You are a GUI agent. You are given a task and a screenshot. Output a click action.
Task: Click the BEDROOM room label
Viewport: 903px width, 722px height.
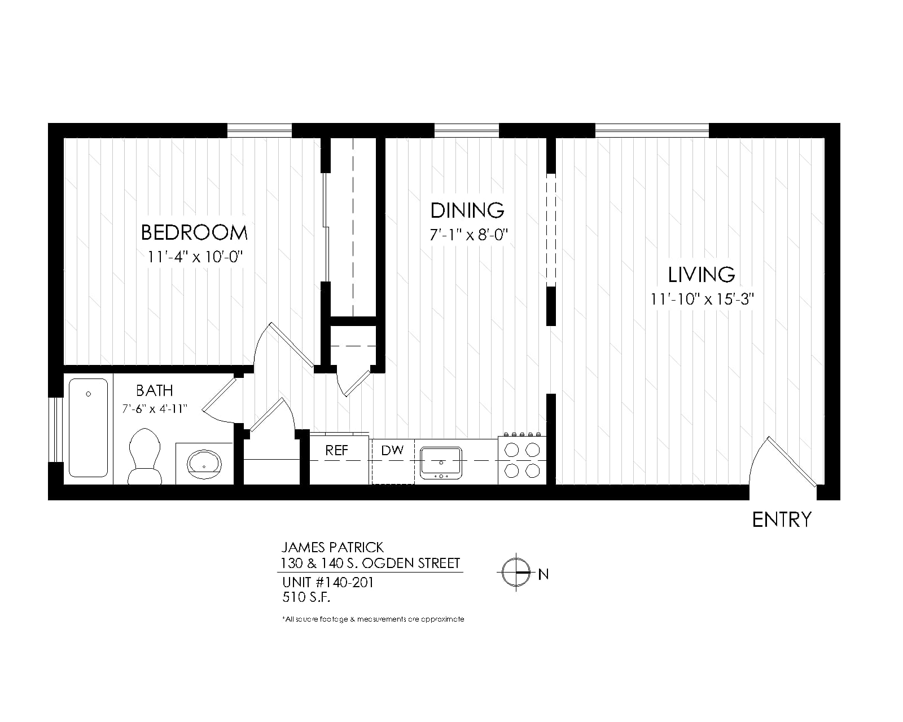194,233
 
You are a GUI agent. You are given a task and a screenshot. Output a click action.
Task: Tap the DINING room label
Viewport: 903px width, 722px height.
467,210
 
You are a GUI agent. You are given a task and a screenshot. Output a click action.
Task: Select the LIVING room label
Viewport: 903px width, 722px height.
702,275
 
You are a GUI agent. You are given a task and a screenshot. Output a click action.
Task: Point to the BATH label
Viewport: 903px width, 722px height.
155,391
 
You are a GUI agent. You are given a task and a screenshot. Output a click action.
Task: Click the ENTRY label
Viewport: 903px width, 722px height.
782,520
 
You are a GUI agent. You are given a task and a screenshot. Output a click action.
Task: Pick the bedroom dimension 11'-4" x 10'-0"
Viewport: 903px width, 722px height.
195,257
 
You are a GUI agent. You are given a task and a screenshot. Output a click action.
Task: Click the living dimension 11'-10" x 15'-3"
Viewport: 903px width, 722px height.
702,299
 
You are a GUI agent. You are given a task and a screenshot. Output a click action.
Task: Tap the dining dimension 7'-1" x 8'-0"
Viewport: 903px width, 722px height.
468,235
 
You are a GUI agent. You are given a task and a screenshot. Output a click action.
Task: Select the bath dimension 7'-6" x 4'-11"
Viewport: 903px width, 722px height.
155,408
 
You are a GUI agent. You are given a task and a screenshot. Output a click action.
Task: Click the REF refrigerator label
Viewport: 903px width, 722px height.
336,451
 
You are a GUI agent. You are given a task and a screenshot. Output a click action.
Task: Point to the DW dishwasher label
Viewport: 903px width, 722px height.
392,451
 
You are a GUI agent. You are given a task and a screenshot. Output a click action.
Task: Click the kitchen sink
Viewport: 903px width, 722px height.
441,463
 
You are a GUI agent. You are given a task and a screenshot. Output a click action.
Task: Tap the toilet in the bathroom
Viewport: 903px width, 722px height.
145,456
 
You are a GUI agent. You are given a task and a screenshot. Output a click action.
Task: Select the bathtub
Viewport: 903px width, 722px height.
88,428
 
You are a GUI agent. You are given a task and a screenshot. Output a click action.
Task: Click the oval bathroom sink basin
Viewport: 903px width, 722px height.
204,464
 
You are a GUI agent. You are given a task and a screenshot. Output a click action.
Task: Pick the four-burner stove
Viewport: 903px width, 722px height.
522,459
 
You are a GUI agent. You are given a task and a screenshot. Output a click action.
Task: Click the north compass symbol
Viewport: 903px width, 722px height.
516,572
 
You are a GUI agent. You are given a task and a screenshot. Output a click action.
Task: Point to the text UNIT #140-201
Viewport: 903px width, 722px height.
328,582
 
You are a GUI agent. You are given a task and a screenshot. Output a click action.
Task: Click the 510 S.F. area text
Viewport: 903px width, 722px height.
306,597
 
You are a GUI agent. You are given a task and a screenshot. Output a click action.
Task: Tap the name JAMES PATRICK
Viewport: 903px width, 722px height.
332,548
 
